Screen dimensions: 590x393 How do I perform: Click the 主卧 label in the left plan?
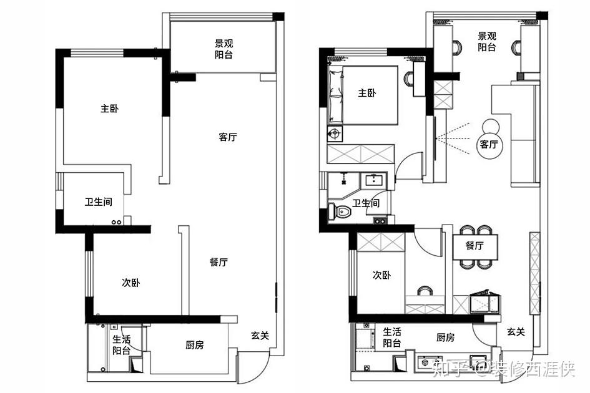(109, 109)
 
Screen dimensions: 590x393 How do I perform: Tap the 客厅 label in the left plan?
(228, 137)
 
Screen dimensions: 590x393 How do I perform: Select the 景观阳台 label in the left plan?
(224, 49)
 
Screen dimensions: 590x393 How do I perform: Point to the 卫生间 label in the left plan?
(98, 202)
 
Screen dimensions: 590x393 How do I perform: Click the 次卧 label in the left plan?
(130, 283)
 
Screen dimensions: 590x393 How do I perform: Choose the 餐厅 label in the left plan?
(219, 262)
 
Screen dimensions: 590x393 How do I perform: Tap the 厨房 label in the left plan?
(195, 344)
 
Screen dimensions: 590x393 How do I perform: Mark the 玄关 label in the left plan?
(260, 335)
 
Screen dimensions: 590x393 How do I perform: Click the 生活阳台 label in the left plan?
(122, 345)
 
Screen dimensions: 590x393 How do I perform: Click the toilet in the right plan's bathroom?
(339, 211)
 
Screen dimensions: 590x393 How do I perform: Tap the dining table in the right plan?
(475, 246)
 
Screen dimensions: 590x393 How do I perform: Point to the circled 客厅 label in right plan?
(489, 144)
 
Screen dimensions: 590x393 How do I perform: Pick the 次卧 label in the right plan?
(381, 275)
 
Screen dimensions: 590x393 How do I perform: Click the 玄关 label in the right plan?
(516, 332)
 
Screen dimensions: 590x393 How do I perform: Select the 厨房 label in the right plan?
(445, 337)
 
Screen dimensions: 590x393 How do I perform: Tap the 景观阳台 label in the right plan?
(487, 41)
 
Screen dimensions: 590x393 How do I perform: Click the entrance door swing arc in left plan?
(263, 372)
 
